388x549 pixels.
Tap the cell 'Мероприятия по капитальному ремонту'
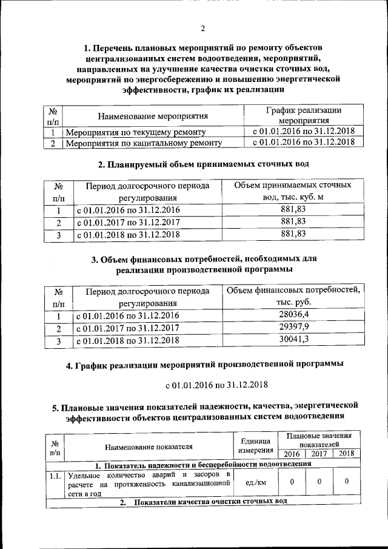[143, 143]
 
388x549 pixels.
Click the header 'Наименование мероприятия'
[152, 116]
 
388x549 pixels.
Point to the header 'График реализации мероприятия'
[303, 115]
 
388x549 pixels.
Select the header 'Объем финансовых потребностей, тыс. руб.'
[293, 296]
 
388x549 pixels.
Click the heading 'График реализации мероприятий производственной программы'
[204, 365]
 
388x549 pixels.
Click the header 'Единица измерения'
[255, 447]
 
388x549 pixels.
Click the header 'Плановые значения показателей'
[319, 440]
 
